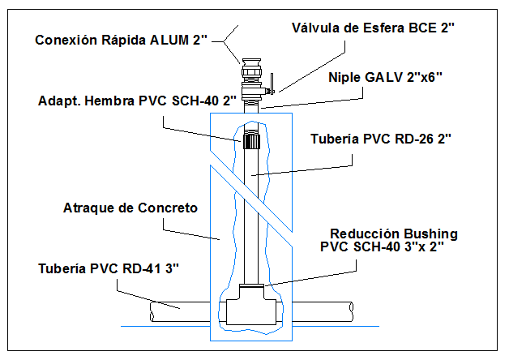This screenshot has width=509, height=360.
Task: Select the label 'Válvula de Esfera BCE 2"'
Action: [x=374, y=28]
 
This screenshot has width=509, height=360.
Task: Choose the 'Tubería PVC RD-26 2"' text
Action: [x=381, y=139]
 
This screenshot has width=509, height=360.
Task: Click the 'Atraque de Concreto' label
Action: [x=130, y=208]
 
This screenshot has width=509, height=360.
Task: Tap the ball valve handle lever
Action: [x=272, y=82]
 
